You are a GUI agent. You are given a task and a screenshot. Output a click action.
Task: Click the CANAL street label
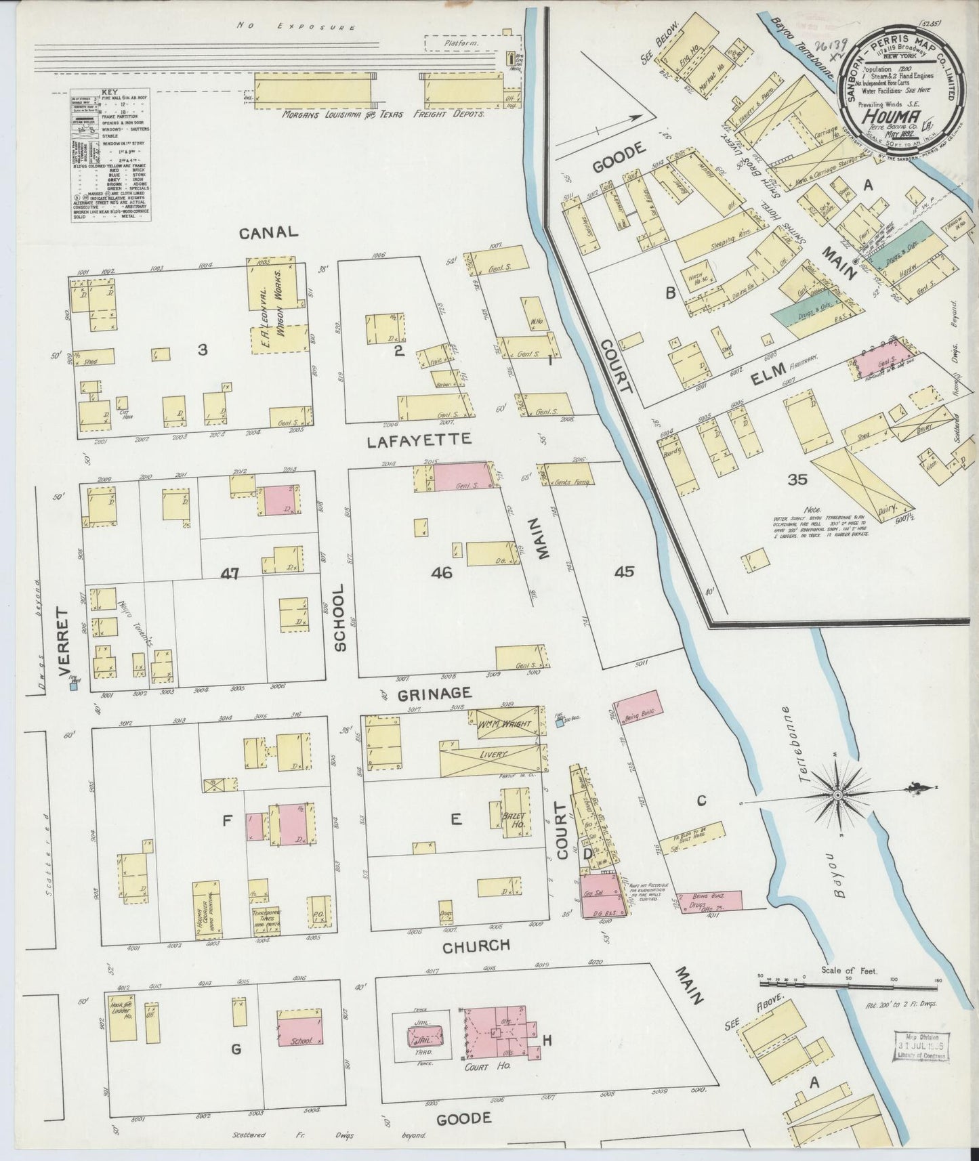click(268, 232)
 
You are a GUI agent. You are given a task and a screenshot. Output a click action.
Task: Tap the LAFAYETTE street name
click(418, 440)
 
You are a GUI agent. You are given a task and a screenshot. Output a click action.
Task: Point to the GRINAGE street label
click(434, 694)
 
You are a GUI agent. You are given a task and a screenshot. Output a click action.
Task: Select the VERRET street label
click(65, 641)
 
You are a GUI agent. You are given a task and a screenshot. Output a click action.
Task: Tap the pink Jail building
click(425, 1036)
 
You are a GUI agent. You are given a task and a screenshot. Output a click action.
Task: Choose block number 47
click(230, 574)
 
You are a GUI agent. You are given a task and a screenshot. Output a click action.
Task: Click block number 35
click(797, 480)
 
